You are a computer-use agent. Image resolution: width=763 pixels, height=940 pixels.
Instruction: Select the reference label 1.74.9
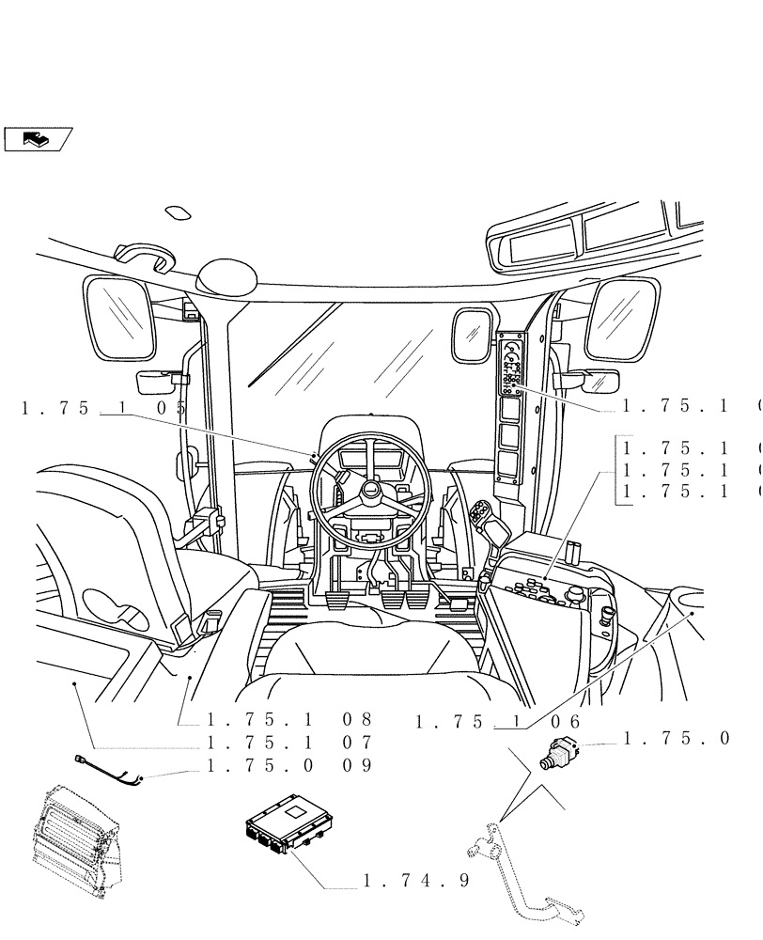coord(414,881)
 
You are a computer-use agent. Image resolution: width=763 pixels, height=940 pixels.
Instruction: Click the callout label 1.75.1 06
coord(497,721)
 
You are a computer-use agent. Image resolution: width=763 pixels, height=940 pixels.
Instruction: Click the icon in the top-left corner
coord(38,139)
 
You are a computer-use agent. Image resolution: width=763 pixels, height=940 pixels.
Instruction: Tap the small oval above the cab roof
coord(178,213)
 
